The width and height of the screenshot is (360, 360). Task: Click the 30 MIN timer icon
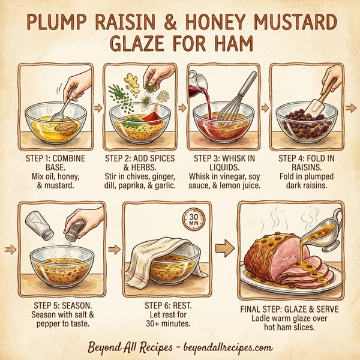pyautogui.click(x=193, y=217)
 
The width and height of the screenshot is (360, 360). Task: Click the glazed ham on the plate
pyautogui.click(x=276, y=255)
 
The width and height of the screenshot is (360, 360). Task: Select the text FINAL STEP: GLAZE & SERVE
pyautogui.click(x=292, y=310)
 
